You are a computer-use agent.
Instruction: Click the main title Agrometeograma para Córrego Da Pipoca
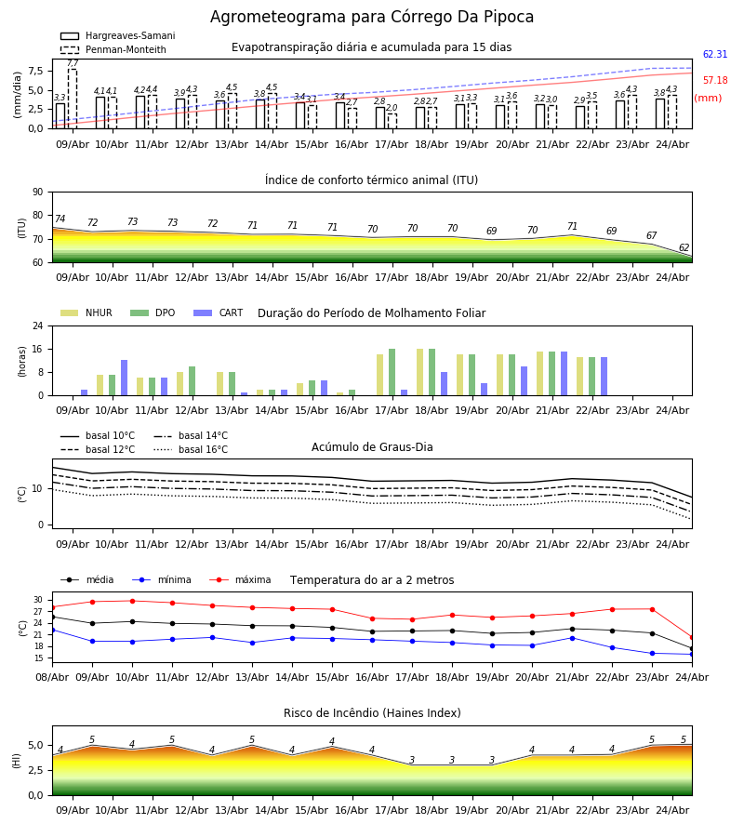[371, 17]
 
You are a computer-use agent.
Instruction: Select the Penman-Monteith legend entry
[113, 49]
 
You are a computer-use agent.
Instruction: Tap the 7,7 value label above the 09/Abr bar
[73, 63]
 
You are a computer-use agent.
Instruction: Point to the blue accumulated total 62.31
[715, 54]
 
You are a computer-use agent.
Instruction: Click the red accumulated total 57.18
[715, 80]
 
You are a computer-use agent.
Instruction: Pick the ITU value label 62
[684, 247]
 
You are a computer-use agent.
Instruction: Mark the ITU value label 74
[60, 219]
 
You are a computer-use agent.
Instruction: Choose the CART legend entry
[219, 312]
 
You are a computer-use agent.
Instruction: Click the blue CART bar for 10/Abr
[125, 378]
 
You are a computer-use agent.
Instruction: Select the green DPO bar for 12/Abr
[193, 381]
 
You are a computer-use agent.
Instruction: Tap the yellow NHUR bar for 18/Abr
[420, 372]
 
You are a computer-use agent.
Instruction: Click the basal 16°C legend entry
[191, 450]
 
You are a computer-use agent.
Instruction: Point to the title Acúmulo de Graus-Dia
[372, 447]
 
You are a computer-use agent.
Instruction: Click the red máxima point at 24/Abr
[692, 637]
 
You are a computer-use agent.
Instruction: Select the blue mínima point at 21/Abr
[572, 638]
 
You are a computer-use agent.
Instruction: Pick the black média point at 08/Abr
[52, 618]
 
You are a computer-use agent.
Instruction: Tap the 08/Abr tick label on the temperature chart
[52, 677]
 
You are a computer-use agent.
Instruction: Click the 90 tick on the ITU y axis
[38, 193]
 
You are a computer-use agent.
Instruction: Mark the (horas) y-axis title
[22, 362]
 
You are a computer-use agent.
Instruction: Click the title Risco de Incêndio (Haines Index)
[372, 713]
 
